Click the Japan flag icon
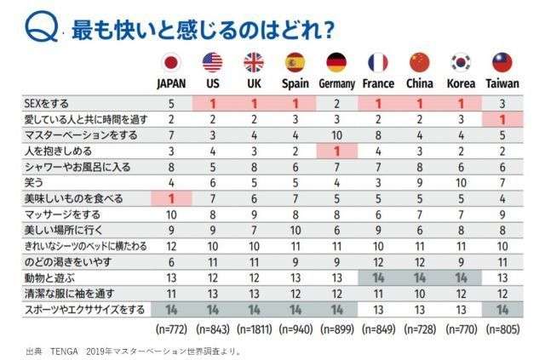(x=171, y=62)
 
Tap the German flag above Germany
(x=336, y=62)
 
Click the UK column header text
(x=254, y=83)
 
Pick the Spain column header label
(x=295, y=83)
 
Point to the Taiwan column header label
(x=502, y=83)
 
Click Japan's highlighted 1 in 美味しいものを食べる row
(x=171, y=197)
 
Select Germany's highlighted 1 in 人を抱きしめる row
(x=336, y=150)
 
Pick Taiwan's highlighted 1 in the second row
(x=502, y=118)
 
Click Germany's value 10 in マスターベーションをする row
(x=336, y=134)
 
